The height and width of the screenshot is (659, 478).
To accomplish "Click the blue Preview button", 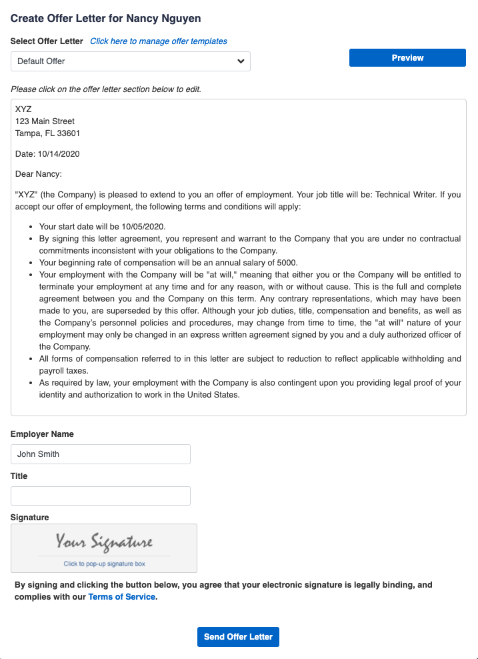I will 407,58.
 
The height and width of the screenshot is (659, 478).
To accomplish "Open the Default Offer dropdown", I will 130,61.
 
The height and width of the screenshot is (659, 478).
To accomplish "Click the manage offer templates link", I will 159,41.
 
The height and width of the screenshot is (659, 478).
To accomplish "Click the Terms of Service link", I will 122,597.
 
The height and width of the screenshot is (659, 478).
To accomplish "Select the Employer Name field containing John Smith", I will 100,454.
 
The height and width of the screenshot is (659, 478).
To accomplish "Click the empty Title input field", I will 100,496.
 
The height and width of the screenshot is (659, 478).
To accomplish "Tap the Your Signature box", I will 104,548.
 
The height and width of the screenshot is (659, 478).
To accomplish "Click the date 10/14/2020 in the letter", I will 59,154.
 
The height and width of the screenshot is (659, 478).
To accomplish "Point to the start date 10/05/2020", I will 141,227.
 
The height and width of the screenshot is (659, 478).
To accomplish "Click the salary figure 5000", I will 288,263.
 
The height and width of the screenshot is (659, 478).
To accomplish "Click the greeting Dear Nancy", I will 38,175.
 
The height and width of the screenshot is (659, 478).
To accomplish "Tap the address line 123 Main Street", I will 45,121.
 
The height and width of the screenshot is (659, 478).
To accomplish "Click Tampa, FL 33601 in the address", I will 47,133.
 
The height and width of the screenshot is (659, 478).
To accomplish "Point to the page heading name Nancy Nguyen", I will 163,18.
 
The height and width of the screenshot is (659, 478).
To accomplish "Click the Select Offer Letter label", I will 47,41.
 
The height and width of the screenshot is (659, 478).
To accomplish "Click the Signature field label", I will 29,517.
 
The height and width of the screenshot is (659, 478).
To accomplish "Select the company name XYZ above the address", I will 23,109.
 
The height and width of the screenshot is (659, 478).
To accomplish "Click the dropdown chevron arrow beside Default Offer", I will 241,61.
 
